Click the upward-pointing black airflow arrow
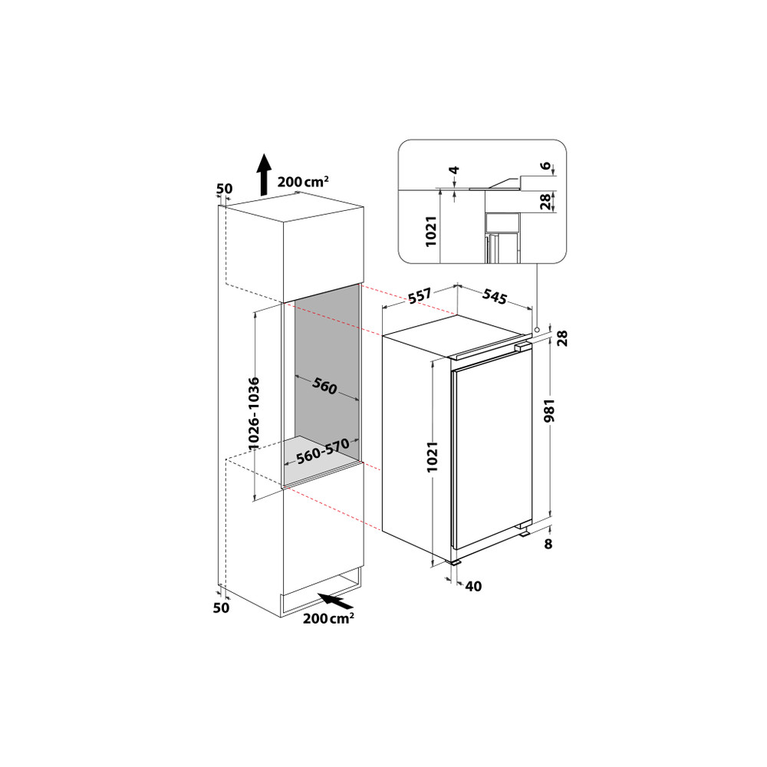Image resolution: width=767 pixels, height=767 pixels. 263,173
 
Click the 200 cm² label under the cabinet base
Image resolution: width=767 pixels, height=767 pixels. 328,619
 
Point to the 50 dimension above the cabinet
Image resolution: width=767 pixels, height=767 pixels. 225,189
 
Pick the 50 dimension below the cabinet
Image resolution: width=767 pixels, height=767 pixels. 221,607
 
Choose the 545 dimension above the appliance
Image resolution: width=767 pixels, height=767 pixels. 495,297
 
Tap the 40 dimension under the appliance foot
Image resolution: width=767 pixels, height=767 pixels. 473,587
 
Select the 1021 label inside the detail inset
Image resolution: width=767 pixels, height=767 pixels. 431,230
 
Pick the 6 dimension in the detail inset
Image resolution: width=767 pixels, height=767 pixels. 545,167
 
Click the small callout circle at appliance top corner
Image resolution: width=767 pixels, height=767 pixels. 538,330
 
